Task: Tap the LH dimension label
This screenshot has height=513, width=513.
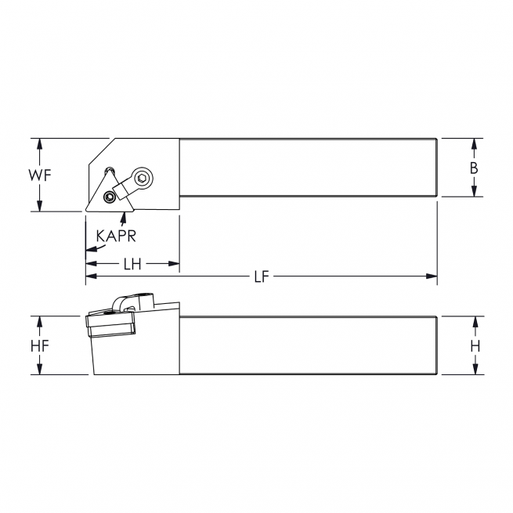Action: coord(132,265)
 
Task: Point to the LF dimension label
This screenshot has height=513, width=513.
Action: coord(261,276)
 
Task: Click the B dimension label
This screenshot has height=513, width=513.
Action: coord(474,168)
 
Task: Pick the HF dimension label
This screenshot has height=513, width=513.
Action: coord(40,345)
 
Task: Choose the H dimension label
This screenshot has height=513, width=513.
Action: coord(474,345)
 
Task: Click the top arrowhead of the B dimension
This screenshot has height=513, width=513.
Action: coord(474,144)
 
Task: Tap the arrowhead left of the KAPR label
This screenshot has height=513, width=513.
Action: coord(89,247)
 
